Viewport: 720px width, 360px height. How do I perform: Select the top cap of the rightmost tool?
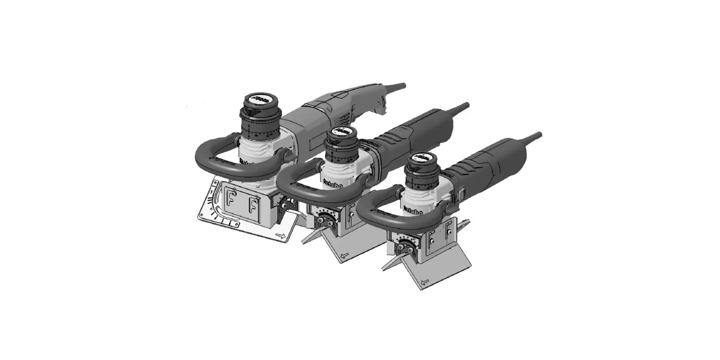421,158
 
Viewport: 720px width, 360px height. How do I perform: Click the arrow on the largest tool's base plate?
280,236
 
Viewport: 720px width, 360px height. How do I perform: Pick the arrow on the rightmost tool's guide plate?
425,281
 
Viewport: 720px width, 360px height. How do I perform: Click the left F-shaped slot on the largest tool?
230,202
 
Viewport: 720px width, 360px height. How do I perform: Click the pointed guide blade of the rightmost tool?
390,264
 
